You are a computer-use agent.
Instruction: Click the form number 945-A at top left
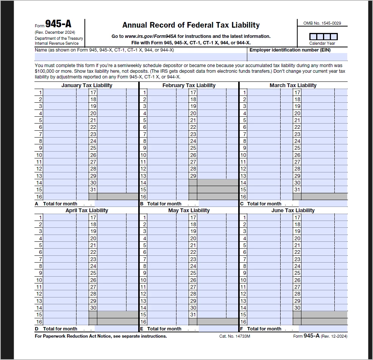[58, 24]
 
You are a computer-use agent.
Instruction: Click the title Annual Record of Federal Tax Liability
[191, 25]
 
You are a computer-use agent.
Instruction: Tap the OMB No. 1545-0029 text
[322, 23]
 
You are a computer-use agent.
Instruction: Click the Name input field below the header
[140, 57]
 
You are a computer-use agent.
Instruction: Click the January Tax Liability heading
[87, 85]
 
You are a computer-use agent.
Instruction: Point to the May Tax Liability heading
[189, 210]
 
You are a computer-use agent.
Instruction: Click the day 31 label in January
[93, 189]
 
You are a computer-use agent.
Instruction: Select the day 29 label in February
[193, 176]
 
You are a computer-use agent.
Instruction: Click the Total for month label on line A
[60, 204]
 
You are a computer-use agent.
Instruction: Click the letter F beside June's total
[242, 329]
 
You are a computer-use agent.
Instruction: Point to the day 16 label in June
[243, 322]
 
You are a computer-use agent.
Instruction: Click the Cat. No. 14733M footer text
[234, 336]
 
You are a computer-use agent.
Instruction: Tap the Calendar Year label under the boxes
[322, 43]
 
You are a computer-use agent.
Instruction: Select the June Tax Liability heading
[293, 210]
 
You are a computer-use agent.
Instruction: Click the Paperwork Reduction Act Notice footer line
[100, 336]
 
